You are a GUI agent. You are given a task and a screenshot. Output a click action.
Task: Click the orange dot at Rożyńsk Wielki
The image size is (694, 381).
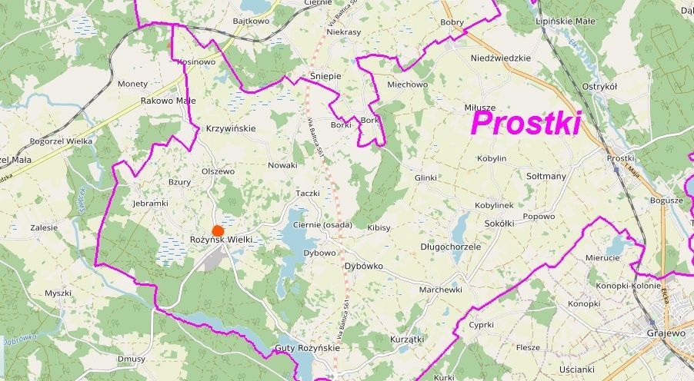(218, 230)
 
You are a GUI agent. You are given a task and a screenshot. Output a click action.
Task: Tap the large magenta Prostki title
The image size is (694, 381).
(526, 123)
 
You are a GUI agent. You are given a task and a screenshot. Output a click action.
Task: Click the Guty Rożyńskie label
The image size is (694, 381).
(307, 348)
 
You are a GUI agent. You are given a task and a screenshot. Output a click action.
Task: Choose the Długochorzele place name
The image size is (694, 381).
(450, 247)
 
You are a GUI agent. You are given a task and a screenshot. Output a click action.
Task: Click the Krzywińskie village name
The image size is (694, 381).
(231, 128)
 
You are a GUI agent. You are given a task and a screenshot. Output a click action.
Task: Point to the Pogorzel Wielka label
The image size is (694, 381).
(61, 141)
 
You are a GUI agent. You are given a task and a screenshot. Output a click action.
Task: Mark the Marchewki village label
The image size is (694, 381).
(440, 290)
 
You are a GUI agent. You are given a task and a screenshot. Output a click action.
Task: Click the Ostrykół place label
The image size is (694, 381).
(599, 87)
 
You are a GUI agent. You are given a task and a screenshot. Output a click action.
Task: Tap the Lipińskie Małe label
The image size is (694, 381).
(565, 22)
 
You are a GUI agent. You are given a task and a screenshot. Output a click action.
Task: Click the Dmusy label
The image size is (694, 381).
(132, 359)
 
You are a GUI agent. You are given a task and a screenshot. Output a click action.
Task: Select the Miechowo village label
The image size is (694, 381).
(407, 84)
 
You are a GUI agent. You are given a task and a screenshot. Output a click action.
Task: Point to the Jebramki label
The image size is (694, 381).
(150, 204)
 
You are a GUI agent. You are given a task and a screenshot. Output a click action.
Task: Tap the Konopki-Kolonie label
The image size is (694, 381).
(613, 285)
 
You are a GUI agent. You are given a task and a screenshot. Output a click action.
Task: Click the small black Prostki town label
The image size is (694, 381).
(619, 158)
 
